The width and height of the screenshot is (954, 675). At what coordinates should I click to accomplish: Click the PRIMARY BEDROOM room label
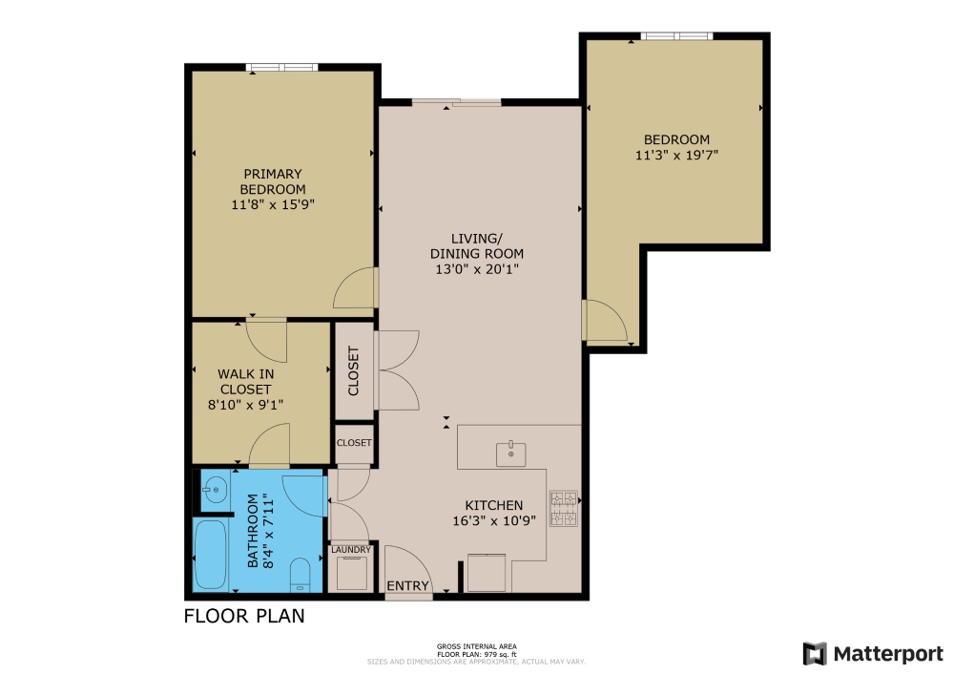pos(273,181)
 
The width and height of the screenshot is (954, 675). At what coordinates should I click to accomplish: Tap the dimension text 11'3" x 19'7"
pos(676,154)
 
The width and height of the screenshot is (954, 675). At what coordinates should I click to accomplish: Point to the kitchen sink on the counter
pos(512,453)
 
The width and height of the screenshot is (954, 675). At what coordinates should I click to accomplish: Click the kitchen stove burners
pos(564,508)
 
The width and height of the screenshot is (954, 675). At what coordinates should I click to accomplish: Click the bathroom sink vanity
pos(214,492)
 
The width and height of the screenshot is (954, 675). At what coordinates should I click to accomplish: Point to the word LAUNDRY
pos(349,550)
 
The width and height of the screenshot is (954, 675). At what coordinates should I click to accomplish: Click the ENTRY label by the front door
pos(408,585)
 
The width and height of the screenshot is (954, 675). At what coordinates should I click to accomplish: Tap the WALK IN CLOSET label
pos(245,382)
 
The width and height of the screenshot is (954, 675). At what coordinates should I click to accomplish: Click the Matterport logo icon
pos(814,653)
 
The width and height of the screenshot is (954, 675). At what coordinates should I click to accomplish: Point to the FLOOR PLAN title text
pos(244,616)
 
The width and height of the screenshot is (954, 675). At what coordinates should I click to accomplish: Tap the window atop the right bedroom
pos(676,36)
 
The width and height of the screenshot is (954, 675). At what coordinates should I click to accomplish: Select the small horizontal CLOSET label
pos(354,443)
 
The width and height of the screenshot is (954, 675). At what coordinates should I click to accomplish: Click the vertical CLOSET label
pos(354,370)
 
